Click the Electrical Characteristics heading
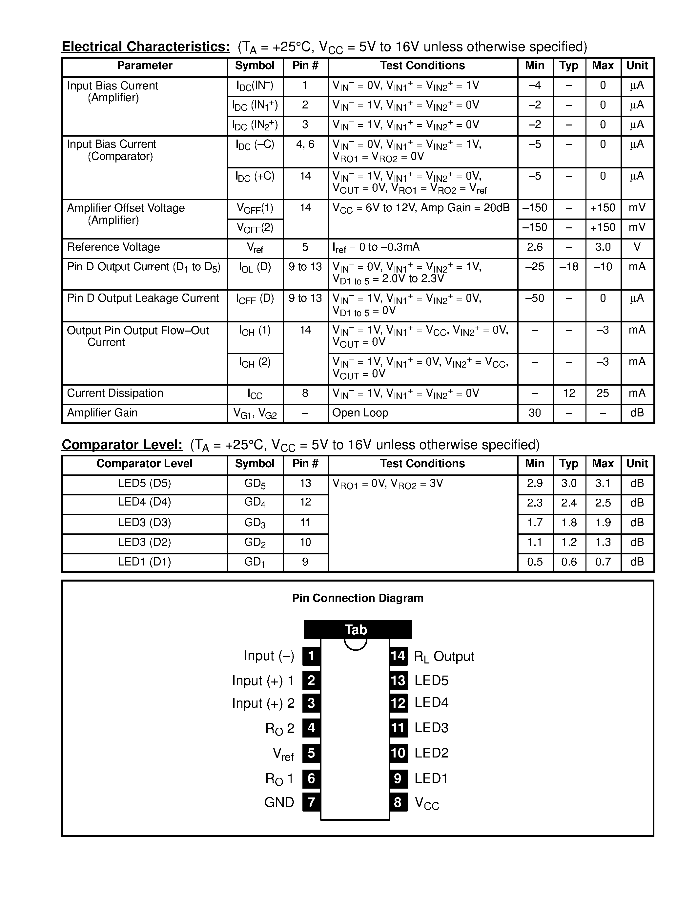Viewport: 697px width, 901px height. click(146, 47)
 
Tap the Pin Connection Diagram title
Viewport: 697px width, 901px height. click(357, 598)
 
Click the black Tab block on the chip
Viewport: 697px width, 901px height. click(358, 629)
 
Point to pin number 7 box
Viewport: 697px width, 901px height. click(311, 802)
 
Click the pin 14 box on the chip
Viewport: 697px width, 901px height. click(398, 656)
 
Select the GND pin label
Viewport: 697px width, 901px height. click(279, 802)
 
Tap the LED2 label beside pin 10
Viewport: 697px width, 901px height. click(432, 753)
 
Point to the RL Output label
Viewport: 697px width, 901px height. click(444, 657)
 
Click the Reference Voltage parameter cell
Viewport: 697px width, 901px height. click(113, 247)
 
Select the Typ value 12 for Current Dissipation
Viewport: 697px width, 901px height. click(569, 393)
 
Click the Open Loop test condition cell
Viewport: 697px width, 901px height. click(360, 413)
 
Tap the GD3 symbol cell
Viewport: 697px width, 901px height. click(255, 523)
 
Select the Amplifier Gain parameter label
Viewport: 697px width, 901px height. click(102, 413)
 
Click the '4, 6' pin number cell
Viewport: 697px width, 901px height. click(305, 144)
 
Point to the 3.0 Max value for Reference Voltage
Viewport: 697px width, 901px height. click(603, 247)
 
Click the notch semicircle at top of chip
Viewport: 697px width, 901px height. click(356, 645)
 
